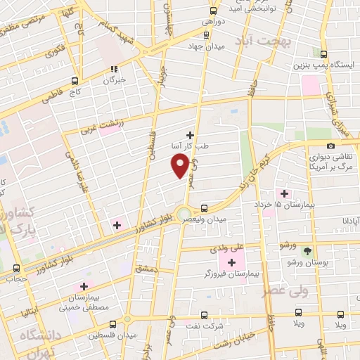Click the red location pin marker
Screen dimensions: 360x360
click(x=180, y=165)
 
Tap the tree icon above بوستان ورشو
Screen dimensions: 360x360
click(x=306, y=251)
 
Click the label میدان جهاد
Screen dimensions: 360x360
click(x=204, y=46)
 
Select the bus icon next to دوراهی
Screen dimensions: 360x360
click(x=214, y=11)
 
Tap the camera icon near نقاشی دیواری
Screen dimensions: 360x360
click(x=331, y=146)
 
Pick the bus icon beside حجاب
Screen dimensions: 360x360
click(x=16, y=268)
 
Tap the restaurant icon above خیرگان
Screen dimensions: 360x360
click(x=114, y=70)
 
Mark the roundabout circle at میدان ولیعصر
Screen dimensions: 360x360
click(x=184, y=213)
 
